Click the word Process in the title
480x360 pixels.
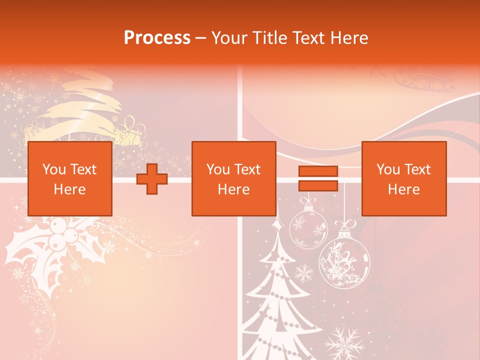click(157, 37)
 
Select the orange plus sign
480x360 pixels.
click(152, 178)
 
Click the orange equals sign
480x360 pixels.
click(318, 178)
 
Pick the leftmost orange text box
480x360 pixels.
click(69, 178)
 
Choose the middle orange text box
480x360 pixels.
click(233, 178)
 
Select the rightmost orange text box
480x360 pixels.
click(403, 178)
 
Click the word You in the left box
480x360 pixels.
click(54, 169)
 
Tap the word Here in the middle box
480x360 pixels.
click(233, 189)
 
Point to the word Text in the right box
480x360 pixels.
click(417, 169)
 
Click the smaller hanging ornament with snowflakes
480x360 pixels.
click(308, 227)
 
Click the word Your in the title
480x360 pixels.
click(230, 37)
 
